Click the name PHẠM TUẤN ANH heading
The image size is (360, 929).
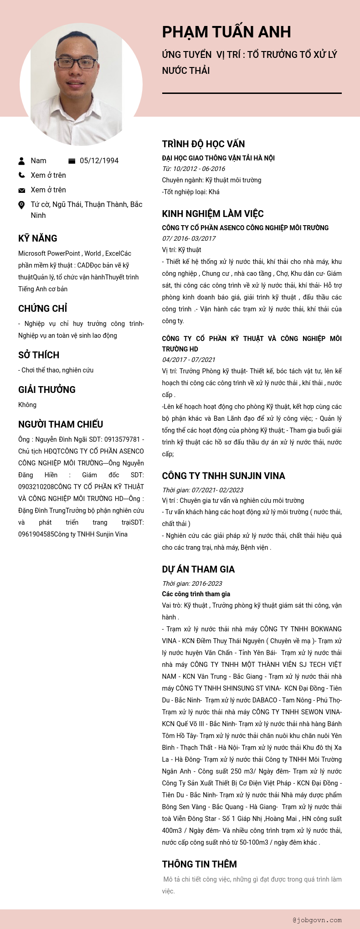pyautogui.click(x=226, y=32)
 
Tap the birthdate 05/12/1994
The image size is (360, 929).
pyautogui.click(x=99, y=160)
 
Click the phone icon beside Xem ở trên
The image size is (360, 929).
pyautogui.click(x=21, y=175)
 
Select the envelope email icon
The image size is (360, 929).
pyautogui.click(x=21, y=190)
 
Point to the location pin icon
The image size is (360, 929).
pyautogui.click(x=21, y=205)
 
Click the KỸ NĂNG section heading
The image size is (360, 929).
pyautogui.click(x=38, y=238)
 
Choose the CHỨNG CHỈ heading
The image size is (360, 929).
pyautogui.click(x=42, y=309)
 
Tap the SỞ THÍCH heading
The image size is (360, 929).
pyautogui.click(x=39, y=355)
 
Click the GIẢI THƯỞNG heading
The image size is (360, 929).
pyautogui.click(x=47, y=390)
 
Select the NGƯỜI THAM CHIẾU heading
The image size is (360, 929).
pyautogui.click(x=61, y=424)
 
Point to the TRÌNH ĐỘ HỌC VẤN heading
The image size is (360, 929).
pyautogui.click(x=203, y=144)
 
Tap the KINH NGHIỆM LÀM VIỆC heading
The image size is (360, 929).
pyautogui.click(x=213, y=214)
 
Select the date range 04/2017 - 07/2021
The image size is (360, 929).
pyautogui.click(x=189, y=360)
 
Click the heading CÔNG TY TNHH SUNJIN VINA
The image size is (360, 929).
pyautogui.click(x=223, y=476)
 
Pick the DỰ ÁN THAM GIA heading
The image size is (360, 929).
pyautogui.click(x=198, y=569)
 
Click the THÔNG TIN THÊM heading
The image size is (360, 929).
pyautogui.click(x=199, y=864)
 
